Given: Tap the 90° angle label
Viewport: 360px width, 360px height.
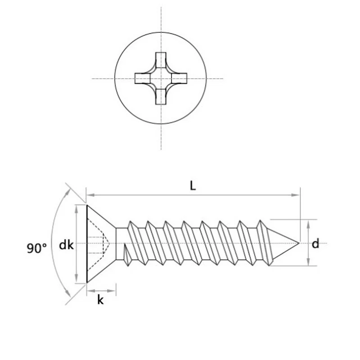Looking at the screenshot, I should point(36,247).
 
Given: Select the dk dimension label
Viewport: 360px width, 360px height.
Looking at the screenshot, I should point(66,245).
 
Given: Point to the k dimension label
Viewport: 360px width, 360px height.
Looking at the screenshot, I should point(100,300).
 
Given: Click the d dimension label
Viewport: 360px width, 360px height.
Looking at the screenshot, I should point(315,244).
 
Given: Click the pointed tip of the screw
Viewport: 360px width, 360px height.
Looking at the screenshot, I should point(298,243).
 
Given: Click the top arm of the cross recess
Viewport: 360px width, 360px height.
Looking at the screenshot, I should point(161,59).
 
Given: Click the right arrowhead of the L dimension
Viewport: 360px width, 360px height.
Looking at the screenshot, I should point(297,195).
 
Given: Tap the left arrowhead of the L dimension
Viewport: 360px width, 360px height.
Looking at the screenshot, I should point(89,195).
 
